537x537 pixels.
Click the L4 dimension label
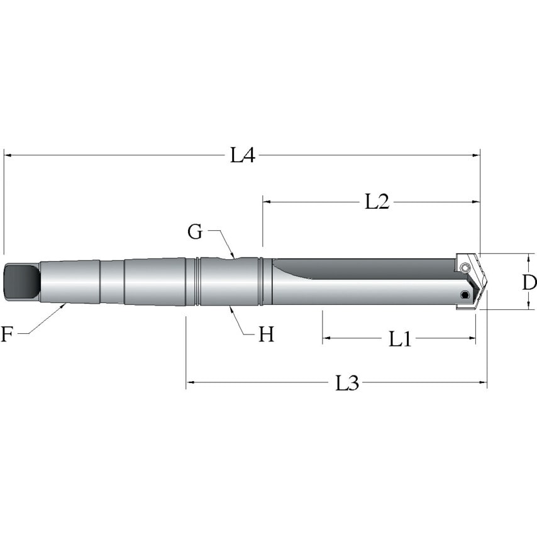point(242,155)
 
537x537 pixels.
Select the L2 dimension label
point(377,202)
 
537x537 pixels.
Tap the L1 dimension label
point(400,340)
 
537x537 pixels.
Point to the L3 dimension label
point(346,383)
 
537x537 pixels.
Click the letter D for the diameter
point(529,282)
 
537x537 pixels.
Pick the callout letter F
point(7,334)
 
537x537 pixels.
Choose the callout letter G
point(196,232)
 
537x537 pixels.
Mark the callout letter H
point(267,334)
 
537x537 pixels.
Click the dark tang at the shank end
point(21,282)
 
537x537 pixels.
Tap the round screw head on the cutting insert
point(465,269)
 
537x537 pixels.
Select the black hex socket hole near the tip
point(465,296)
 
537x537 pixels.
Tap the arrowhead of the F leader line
point(65,305)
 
